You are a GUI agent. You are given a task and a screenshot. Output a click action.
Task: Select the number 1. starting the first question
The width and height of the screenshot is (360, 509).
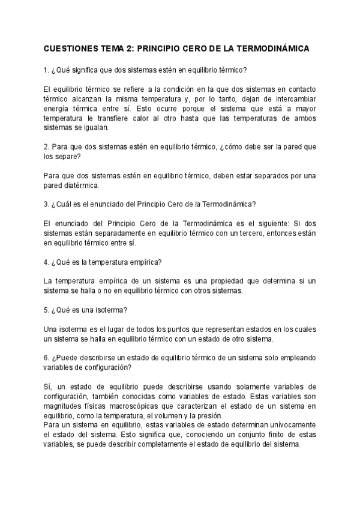47,69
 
